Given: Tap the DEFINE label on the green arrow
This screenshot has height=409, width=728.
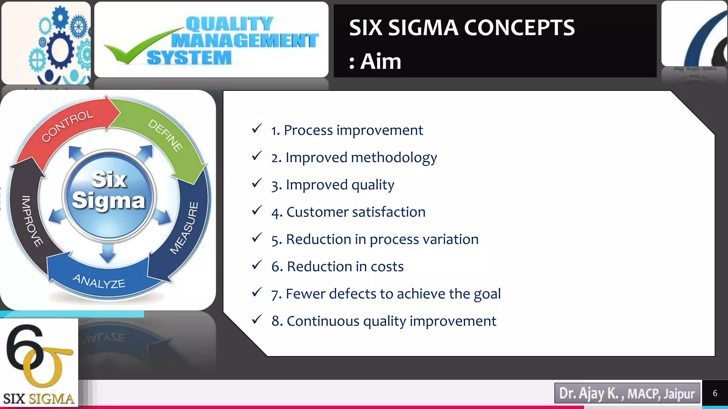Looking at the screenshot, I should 165,135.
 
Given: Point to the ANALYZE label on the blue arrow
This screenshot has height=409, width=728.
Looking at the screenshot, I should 99,281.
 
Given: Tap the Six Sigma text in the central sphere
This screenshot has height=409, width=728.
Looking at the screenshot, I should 109,190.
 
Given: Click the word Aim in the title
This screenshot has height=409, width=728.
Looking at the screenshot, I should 381,61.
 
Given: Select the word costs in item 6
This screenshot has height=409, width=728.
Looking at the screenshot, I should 387,267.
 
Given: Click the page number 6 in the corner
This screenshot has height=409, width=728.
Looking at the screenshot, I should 715,393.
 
